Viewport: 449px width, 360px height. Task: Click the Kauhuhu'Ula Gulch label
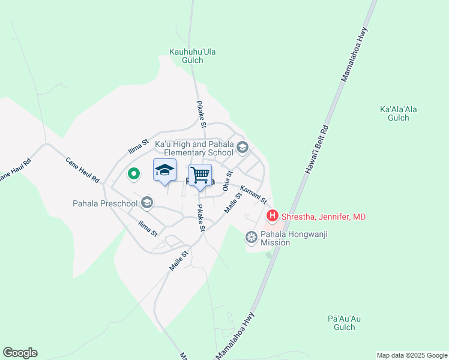coord(192,56)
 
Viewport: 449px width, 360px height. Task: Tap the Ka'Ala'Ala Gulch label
coord(399,113)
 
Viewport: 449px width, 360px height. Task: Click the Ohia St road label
coord(228,181)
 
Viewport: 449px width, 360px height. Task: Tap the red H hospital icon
coord(272,215)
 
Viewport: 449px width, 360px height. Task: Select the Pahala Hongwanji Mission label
coord(275,238)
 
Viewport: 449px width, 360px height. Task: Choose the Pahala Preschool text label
coord(104,203)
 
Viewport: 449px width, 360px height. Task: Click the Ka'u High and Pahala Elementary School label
coord(194,148)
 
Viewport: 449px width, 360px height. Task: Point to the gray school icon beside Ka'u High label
coord(242,147)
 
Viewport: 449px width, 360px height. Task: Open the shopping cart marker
coord(200,175)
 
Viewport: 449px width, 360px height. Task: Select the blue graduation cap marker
coord(165,170)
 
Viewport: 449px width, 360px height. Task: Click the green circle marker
coord(133,175)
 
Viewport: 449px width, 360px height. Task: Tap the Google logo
coord(20,353)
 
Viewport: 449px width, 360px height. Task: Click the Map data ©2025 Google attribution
coord(412,355)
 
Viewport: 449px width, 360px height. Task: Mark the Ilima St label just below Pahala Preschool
coord(147,228)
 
